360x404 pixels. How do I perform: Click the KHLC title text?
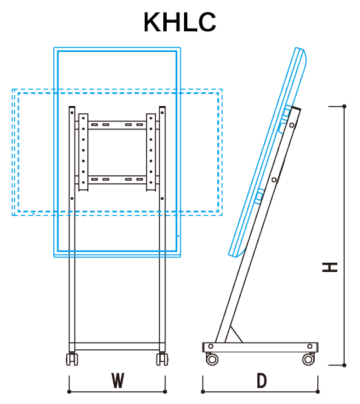pos(179,22)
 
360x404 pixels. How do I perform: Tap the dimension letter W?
pos(117,380)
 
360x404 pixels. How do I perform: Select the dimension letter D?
pos(261,381)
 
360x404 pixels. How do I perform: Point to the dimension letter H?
pos(329,267)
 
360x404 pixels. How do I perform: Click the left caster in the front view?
pos(72,359)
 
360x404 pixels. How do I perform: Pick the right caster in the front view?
pos(162,359)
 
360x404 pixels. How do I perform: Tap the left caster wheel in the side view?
pos(212,359)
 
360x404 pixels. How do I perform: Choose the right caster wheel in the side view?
pos(309,359)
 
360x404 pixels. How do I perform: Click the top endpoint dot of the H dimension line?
pos(344,106)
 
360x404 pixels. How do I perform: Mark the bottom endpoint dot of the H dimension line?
pos(344,365)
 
